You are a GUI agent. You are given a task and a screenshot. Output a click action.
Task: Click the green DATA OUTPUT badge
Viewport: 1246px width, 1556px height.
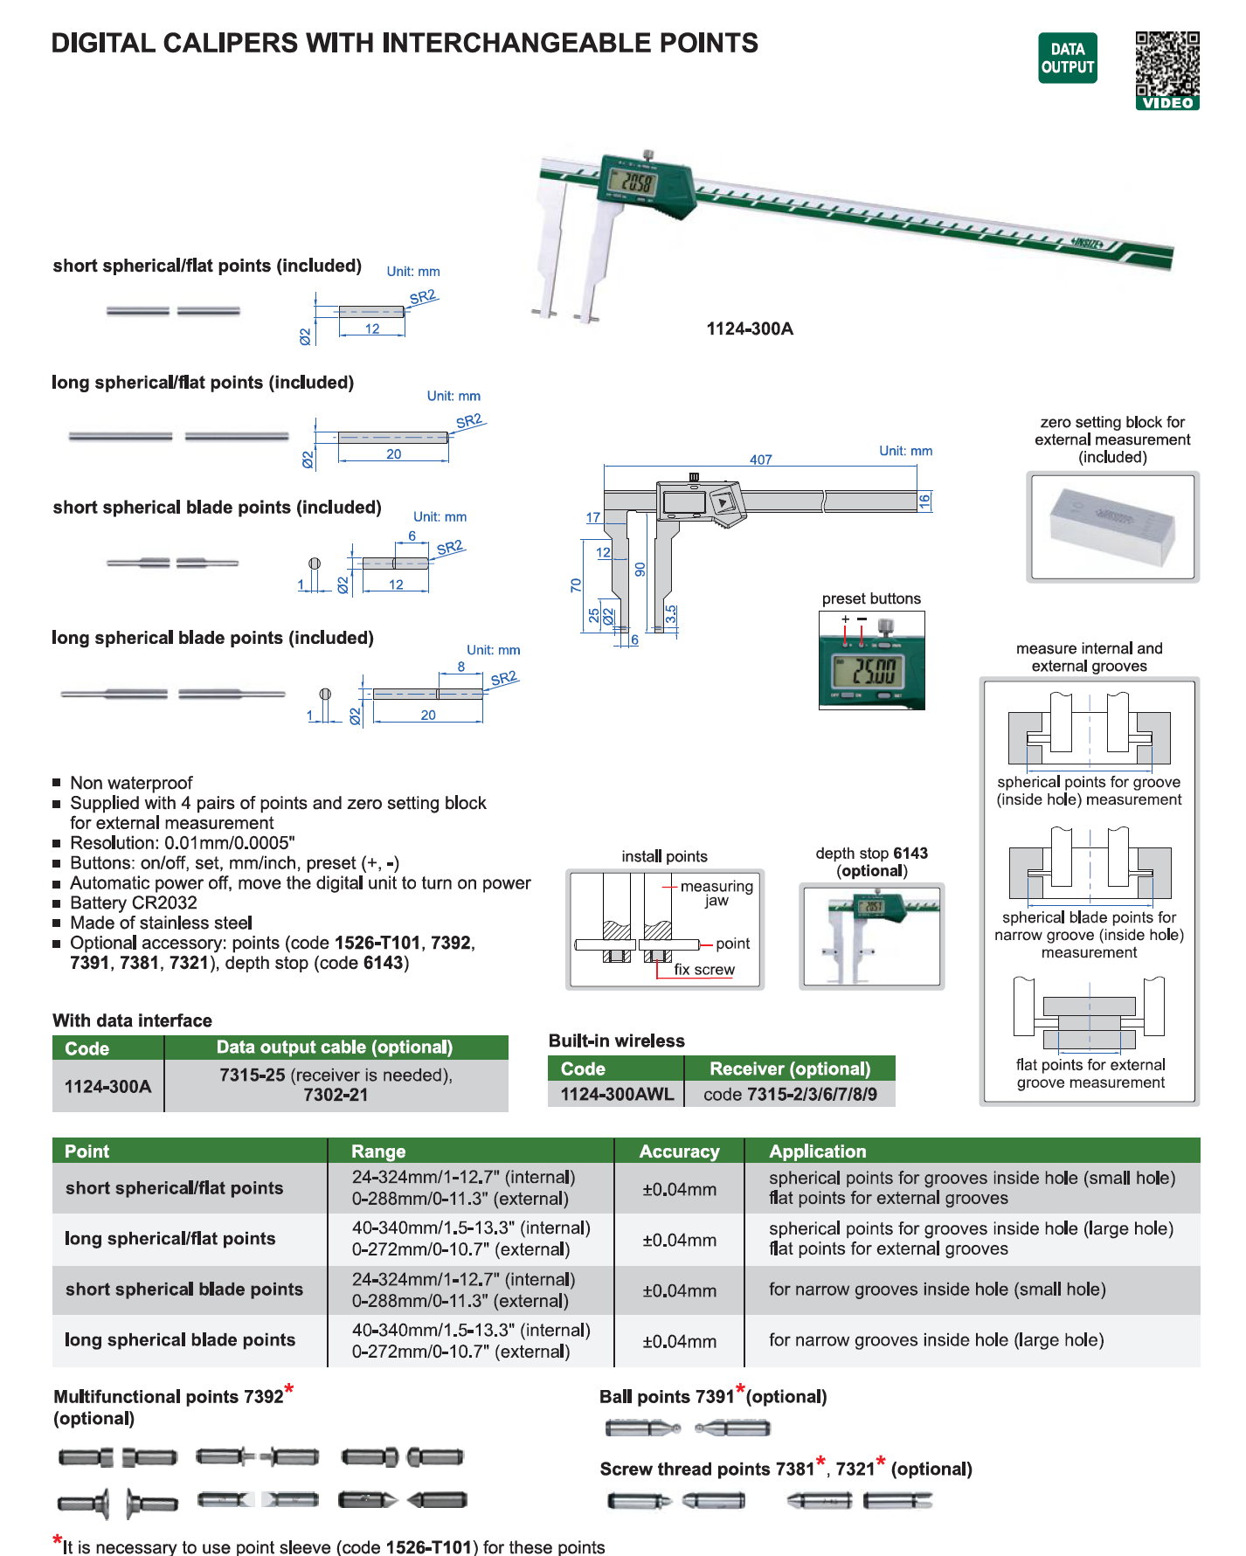tap(1067, 59)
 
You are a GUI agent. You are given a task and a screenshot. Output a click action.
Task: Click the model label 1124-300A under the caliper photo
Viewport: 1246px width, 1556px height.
tap(750, 329)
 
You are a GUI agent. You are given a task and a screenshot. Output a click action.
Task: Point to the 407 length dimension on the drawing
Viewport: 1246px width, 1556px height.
tap(760, 460)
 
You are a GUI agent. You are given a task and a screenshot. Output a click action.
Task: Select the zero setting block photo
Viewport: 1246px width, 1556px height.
tap(1112, 527)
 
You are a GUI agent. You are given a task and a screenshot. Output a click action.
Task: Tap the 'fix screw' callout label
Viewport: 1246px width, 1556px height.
tap(704, 970)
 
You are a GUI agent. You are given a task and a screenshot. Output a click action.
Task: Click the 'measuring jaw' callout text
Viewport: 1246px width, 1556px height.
tap(716, 893)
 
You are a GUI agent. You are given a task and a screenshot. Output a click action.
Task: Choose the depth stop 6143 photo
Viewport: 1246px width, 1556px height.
tap(871, 936)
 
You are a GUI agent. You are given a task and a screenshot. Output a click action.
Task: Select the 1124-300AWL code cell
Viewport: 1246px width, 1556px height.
tap(617, 1095)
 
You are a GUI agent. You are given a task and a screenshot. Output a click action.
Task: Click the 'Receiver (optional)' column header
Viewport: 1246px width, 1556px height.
tap(790, 1068)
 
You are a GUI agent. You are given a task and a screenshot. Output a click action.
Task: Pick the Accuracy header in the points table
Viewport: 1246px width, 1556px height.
tap(679, 1151)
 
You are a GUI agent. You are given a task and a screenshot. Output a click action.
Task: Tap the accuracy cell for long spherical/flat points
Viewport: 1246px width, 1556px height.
tap(679, 1240)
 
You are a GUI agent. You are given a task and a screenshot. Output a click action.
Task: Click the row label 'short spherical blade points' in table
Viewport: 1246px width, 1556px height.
tap(184, 1290)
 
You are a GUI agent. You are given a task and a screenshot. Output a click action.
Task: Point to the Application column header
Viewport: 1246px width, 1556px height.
tap(817, 1151)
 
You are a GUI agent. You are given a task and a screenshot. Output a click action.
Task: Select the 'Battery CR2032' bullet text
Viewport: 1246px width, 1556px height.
tap(134, 903)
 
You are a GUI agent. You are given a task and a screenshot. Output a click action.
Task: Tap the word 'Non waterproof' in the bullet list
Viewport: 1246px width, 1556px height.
tap(131, 783)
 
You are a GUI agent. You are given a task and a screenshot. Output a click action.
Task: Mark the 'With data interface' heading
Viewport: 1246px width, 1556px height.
tap(132, 1020)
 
